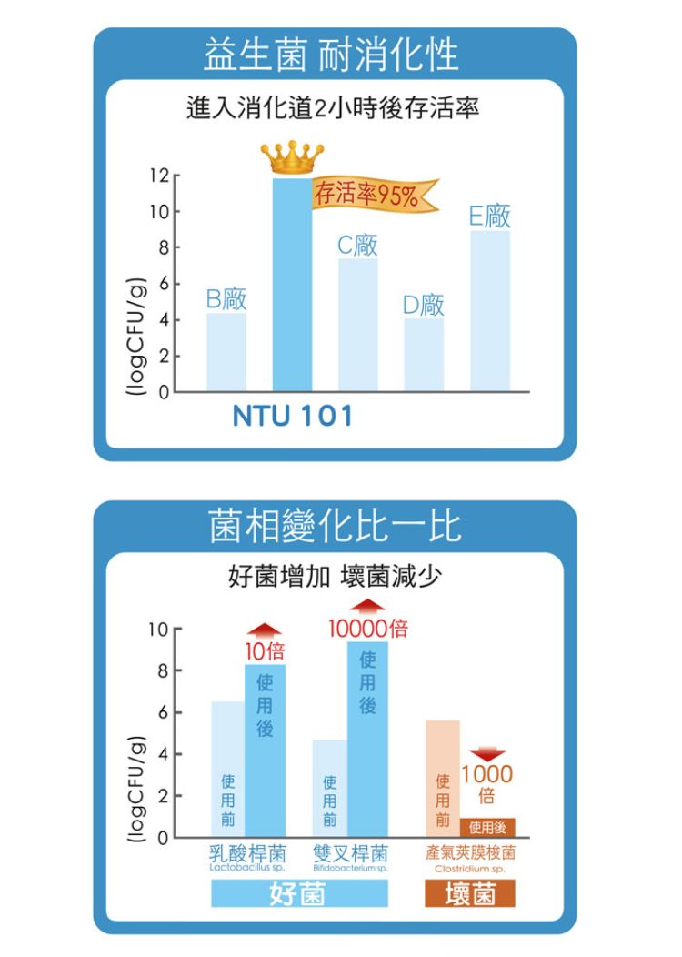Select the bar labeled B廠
226,351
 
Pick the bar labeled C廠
357,325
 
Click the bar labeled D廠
424,354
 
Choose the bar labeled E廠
490,310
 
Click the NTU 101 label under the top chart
293,417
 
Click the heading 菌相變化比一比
335,526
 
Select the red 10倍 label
265,650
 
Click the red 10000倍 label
368,628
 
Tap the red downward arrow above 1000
489,754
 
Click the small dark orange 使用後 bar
488,827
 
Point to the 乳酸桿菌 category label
246,854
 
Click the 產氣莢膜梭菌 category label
470,853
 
